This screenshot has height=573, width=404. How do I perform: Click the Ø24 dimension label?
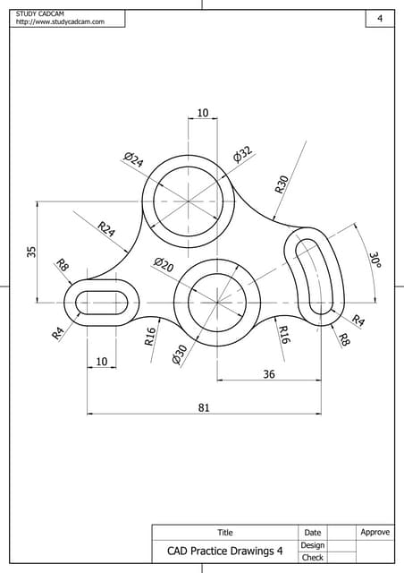(x=133, y=159)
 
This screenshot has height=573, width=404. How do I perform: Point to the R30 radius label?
(x=282, y=184)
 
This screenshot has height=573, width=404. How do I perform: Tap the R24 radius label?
(x=106, y=230)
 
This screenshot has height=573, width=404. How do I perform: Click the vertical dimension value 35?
(x=31, y=252)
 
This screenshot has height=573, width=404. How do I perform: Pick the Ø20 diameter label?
(x=164, y=264)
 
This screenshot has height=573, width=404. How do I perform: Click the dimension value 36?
(x=269, y=374)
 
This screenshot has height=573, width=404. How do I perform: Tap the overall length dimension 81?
(x=203, y=407)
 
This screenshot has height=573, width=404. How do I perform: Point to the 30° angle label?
(x=375, y=260)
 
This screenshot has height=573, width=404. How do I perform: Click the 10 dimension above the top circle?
(x=202, y=113)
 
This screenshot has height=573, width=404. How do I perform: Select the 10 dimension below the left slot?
(x=101, y=361)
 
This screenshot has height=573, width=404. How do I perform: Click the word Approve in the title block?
(x=375, y=532)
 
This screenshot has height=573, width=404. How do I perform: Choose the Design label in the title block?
(x=312, y=545)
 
